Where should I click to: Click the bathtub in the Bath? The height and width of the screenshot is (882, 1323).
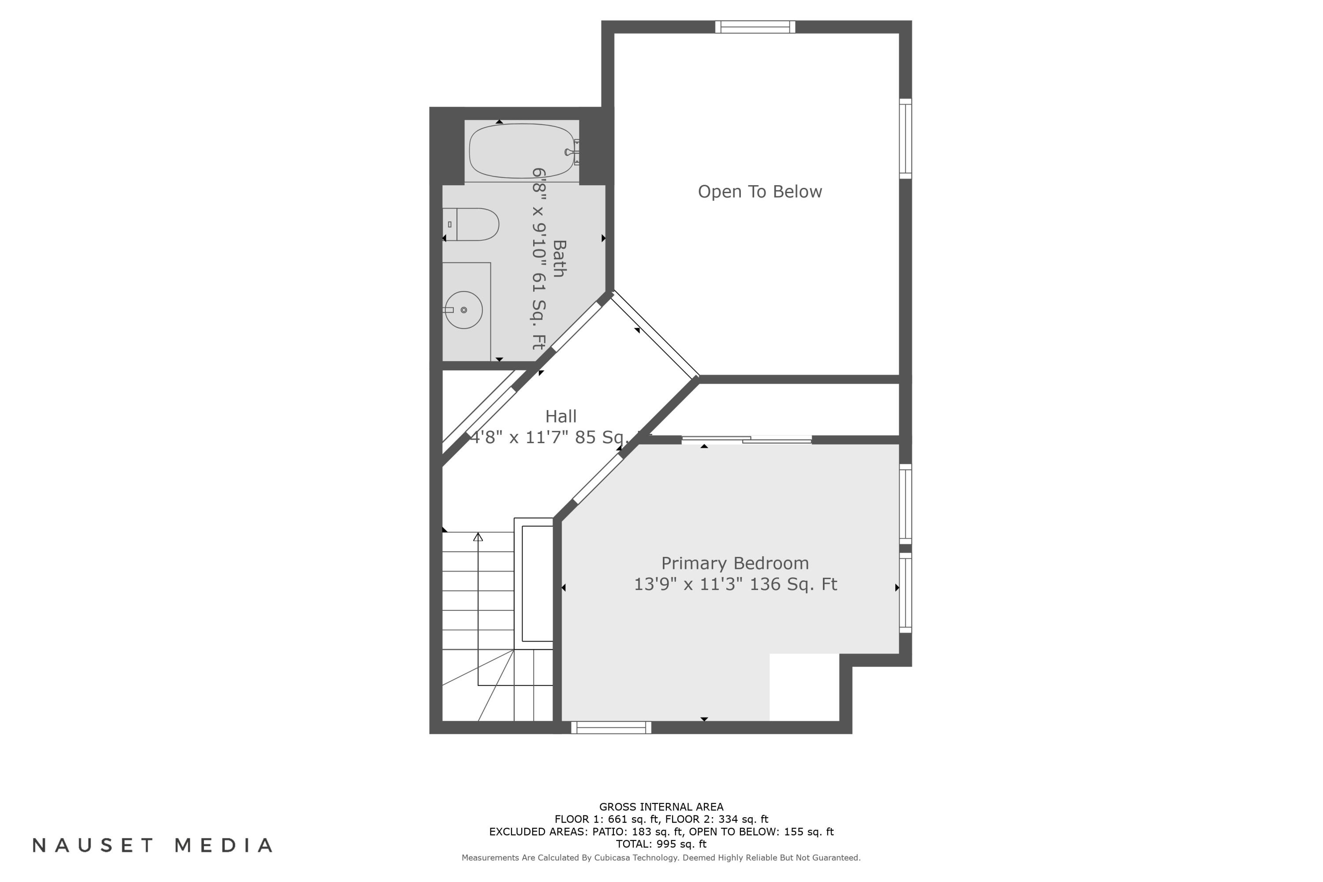click(x=521, y=151)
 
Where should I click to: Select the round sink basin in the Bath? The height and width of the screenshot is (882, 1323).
click(x=463, y=310)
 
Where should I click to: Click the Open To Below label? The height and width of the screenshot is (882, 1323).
click(x=759, y=192)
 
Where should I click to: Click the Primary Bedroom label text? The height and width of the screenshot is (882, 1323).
click(x=735, y=563)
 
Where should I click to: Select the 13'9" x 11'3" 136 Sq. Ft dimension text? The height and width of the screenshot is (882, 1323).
click(x=735, y=584)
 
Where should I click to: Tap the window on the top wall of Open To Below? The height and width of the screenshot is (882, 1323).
click(x=755, y=27)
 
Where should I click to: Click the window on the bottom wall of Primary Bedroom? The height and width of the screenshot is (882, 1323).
click(x=611, y=727)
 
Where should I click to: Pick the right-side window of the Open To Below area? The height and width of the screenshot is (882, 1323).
click(x=904, y=138)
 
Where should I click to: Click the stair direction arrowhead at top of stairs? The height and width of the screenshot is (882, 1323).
click(x=478, y=537)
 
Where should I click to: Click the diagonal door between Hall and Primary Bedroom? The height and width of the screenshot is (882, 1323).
click(x=598, y=478)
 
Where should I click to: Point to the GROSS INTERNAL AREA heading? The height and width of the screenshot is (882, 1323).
click(x=661, y=807)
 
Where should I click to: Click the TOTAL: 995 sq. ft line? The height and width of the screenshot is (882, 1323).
click(x=661, y=844)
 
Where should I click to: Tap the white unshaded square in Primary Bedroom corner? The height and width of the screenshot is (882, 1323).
click(x=804, y=686)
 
